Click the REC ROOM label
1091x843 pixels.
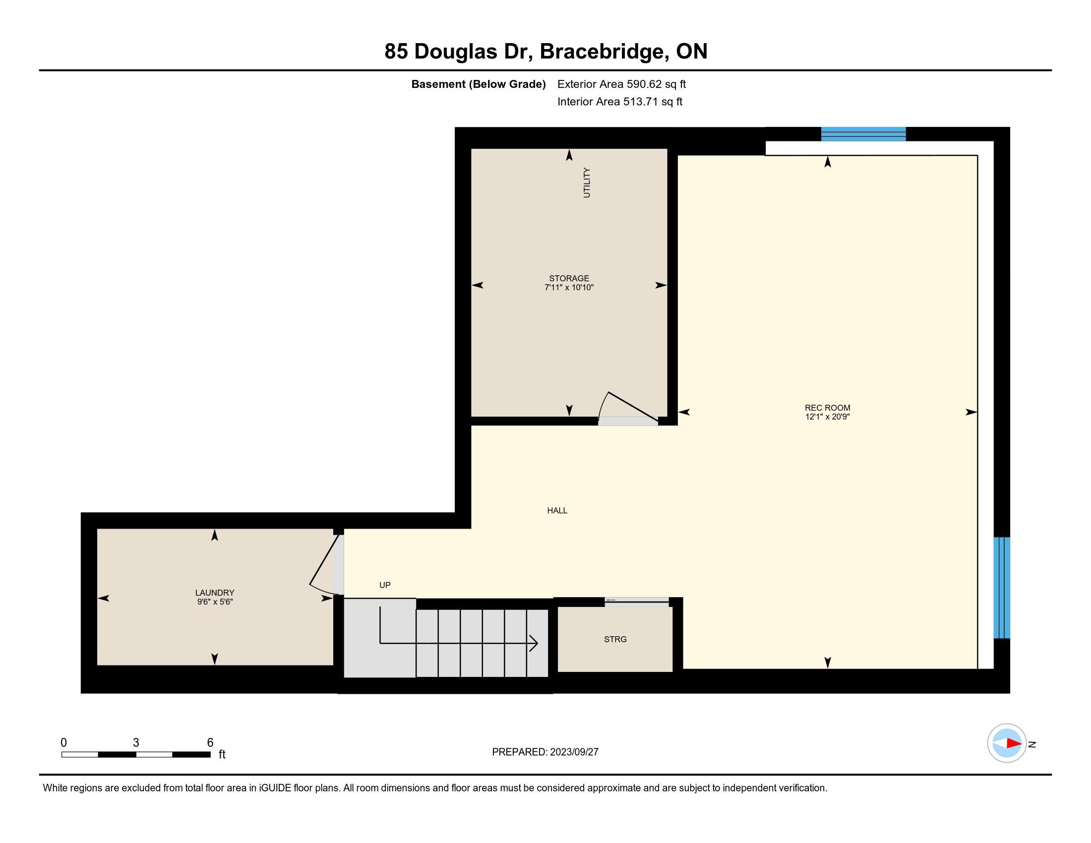[x=827, y=412]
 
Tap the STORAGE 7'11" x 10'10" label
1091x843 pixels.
[x=569, y=283]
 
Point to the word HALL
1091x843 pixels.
[x=557, y=510]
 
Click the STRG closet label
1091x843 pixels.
[x=615, y=639]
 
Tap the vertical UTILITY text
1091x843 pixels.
[x=587, y=183]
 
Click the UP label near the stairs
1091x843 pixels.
[x=385, y=585]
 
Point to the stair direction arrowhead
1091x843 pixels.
[x=533, y=643]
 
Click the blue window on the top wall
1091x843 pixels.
[x=863, y=134]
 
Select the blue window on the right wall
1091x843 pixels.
[x=1002, y=588]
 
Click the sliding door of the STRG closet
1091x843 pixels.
[x=637, y=601]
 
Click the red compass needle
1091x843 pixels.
[x=1014, y=743]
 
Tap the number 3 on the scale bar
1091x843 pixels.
[x=136, y=743]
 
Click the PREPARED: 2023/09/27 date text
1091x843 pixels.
[x=545, y=752]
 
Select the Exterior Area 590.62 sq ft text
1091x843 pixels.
[x=621, y=84]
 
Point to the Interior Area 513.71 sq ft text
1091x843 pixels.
[x=620, y=102]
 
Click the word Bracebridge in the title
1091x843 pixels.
[x=604, y=52]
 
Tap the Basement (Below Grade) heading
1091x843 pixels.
[x=478, y=84]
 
